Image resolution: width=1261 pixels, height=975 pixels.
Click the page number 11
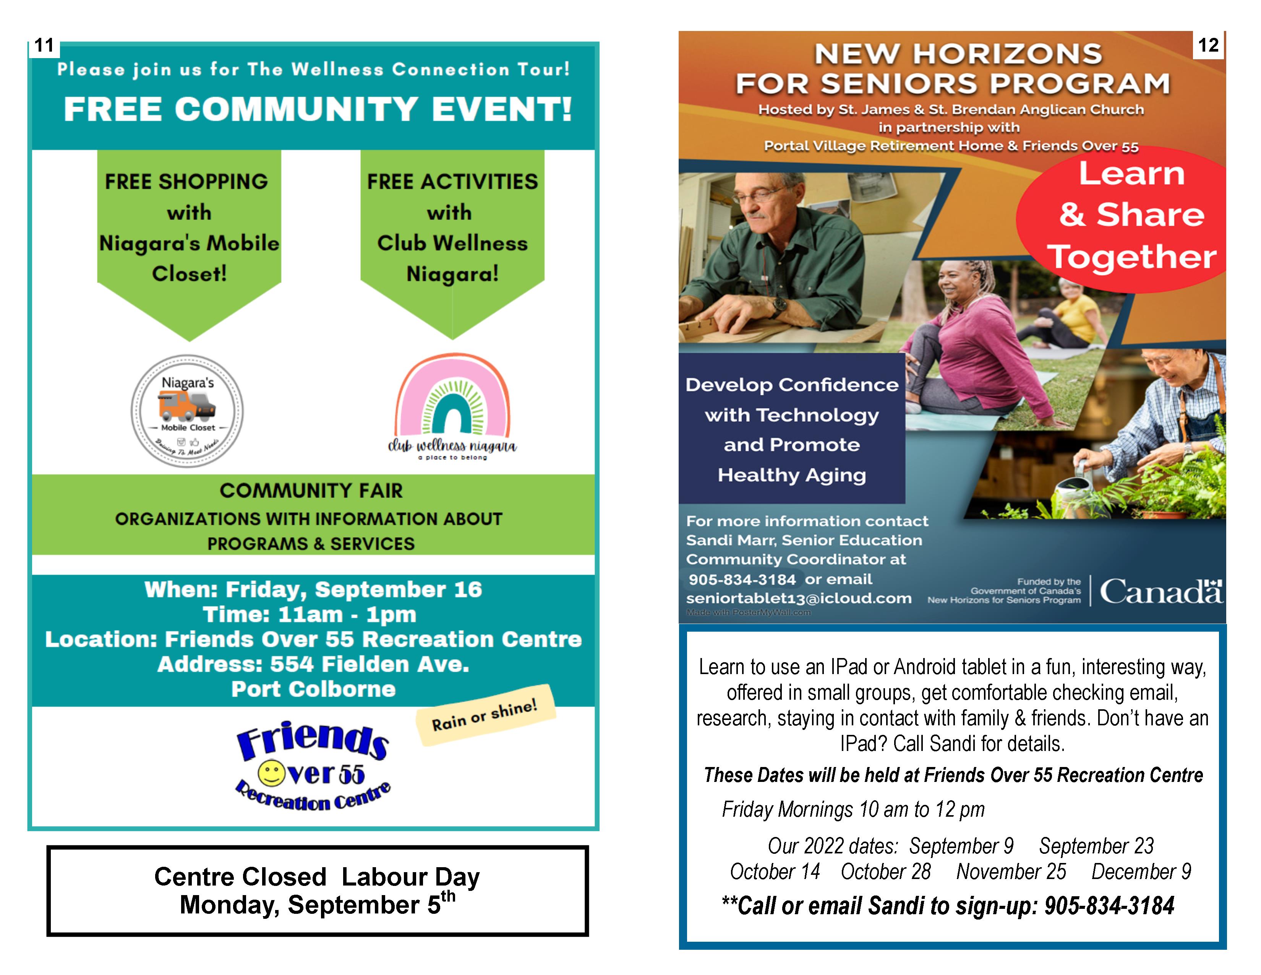pyautogui.click(x=44, y=45)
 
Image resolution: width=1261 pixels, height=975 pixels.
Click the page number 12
pyautogui.click(x=1208, y=45)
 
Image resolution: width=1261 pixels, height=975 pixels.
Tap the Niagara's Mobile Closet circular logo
pyautogui.click(x=187, y=411)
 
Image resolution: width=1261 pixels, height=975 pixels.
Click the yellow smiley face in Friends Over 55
pyautogui.click(x=271, y=773)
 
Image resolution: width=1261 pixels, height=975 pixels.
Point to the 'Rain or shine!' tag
pyautogui.click(x=485, y=715)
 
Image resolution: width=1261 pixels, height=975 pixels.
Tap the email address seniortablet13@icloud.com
pyautogui.click(x=799, y=598)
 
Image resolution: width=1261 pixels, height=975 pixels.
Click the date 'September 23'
pyautogui.click(x=1096, y=846)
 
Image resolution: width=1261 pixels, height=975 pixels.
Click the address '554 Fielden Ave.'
pyautogui.click(x=370, y=664)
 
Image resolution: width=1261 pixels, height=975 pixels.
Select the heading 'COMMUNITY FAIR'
pyautogui.click(x=311, y=491)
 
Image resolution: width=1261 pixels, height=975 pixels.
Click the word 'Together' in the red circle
pyautogui.click(x=1132, y=257)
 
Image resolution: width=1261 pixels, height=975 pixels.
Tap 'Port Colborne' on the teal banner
pyautogui.click(x=313, y=689)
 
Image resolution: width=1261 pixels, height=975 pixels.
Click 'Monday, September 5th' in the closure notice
pyautogui.click(x=317, y=905)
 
